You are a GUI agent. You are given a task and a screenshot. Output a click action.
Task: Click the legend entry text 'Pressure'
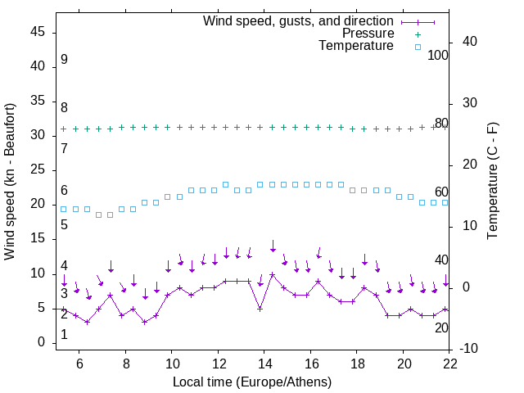368,34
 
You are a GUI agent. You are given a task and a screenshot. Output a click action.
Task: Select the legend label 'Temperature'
356,47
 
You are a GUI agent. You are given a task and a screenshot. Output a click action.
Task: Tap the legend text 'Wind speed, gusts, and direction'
298,20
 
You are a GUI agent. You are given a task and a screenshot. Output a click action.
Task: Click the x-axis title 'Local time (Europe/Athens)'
252,382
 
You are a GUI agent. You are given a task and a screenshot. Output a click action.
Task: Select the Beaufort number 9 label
64,60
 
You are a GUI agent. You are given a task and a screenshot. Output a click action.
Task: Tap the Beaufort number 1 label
64,335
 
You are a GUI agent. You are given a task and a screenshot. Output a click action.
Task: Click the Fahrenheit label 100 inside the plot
438,56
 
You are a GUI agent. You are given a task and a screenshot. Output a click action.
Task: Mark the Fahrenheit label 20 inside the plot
441,327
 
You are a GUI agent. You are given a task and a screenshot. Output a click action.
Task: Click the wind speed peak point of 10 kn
272,274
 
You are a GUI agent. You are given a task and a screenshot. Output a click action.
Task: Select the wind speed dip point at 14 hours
260,309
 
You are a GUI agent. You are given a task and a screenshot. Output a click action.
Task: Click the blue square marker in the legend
417,47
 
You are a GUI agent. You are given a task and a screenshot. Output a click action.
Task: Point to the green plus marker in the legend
417,34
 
